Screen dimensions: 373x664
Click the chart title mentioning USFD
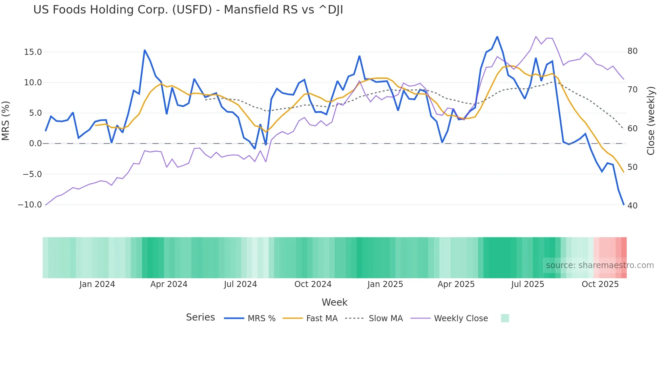(188, 10)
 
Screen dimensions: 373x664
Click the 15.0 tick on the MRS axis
(33, 52)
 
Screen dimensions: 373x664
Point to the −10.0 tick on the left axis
(30, 205)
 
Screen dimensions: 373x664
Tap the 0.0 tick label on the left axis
(35, 144)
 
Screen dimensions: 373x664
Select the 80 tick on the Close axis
(632, 51)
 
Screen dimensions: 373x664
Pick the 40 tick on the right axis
(632, 206)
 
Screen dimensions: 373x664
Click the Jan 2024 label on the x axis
(97, 284)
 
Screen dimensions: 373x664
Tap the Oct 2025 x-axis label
(600, 284)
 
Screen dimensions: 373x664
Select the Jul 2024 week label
(240, 284)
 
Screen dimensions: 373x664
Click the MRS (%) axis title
(6, 121)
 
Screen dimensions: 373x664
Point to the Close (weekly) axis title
(651, 121)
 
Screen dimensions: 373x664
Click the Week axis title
(334, 302)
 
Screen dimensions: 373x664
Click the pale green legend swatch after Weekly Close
(505, 318)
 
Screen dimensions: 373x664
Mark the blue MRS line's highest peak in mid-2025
(497, 37)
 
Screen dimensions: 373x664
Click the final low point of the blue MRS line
(624, 204)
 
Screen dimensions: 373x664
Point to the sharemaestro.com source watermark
(600, 265)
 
